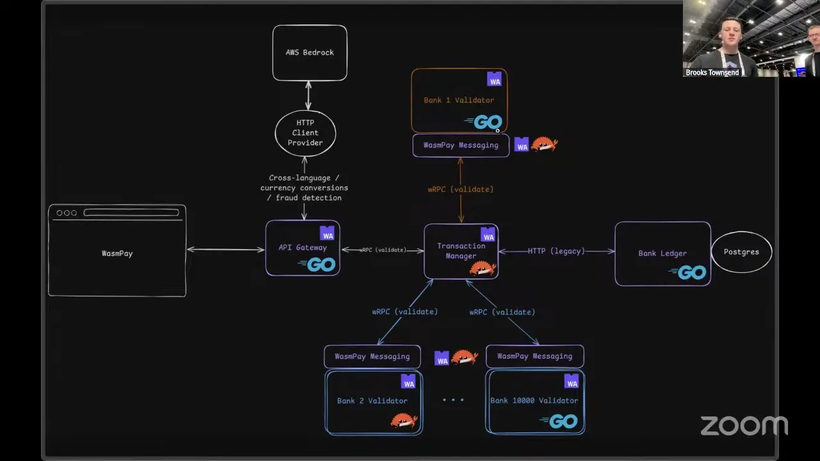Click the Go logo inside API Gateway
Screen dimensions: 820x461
(317, 264)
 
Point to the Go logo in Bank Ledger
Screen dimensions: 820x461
(687, 273)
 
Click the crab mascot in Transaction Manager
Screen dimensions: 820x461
(483, 268)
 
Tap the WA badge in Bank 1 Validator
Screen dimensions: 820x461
(494, 79)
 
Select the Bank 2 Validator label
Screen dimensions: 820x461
(372, 401)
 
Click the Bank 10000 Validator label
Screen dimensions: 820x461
(534, 400)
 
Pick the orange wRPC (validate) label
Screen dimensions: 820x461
(461, 189)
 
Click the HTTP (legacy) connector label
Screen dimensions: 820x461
(556, 251)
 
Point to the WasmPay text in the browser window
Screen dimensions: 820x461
(117, 254)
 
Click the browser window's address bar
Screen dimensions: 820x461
(131, 213)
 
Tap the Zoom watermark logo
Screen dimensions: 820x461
(744, 426)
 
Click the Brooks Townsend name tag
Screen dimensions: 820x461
(712, 72)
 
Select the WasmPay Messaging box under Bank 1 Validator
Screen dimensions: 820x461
(461, 145)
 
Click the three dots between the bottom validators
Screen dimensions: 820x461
(453, 400)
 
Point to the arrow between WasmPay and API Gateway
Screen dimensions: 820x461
(225, 250)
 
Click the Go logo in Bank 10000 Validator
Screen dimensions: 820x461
(559, 421)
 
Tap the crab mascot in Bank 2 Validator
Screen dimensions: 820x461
(404, 421)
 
